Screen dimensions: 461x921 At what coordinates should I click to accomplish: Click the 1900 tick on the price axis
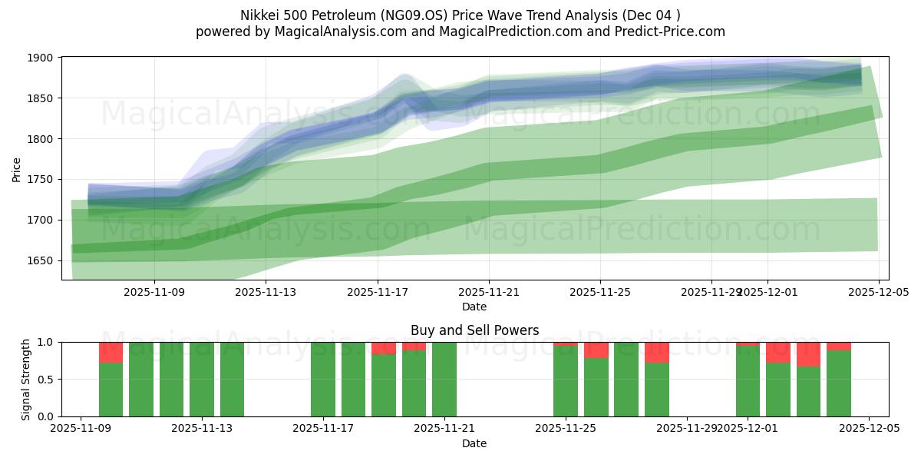[x=41, y=58]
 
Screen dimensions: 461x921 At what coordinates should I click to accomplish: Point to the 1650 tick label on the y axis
[x=41, y=260]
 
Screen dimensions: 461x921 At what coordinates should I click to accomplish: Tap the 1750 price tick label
[x=41, y=179]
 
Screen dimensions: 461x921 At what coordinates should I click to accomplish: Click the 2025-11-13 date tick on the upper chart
[x=266, y=292]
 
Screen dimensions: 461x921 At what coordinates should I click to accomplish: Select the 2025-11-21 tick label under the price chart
[x=489, y=292]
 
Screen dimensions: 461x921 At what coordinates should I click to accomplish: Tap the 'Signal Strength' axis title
[x=26, y=379]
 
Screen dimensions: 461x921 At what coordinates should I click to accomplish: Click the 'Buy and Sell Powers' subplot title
[x=474, y=330]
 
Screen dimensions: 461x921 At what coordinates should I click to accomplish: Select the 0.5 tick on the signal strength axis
[x=45, y=380]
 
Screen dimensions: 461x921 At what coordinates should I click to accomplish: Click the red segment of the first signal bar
[x=111, y=352]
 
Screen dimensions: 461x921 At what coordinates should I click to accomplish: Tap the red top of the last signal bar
[x=839, y=346]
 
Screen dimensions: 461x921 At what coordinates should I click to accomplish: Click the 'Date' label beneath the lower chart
[x=474, y=443]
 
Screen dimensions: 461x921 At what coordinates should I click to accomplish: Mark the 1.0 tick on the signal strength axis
[x=45, y=342]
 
